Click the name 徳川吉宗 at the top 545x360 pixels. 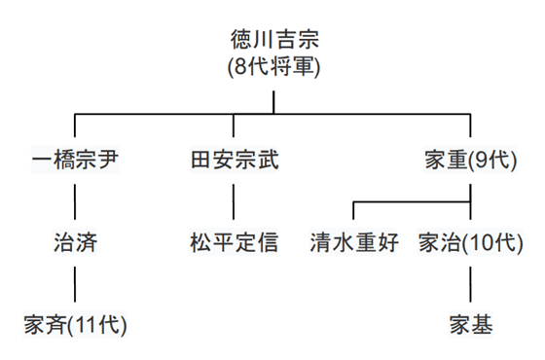[273, 42]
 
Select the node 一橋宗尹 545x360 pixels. [75, 160]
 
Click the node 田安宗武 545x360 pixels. [234, 160]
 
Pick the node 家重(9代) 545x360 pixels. [472, 160]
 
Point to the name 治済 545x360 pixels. [75, 240]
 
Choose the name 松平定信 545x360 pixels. [234, 240]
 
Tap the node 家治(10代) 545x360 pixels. [471, 240]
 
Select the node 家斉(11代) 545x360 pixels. [75, 322]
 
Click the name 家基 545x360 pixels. [472, 322]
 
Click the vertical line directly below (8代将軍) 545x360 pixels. [273, 102]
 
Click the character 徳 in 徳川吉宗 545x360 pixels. [239, 42]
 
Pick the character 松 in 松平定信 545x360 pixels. [200, 240]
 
